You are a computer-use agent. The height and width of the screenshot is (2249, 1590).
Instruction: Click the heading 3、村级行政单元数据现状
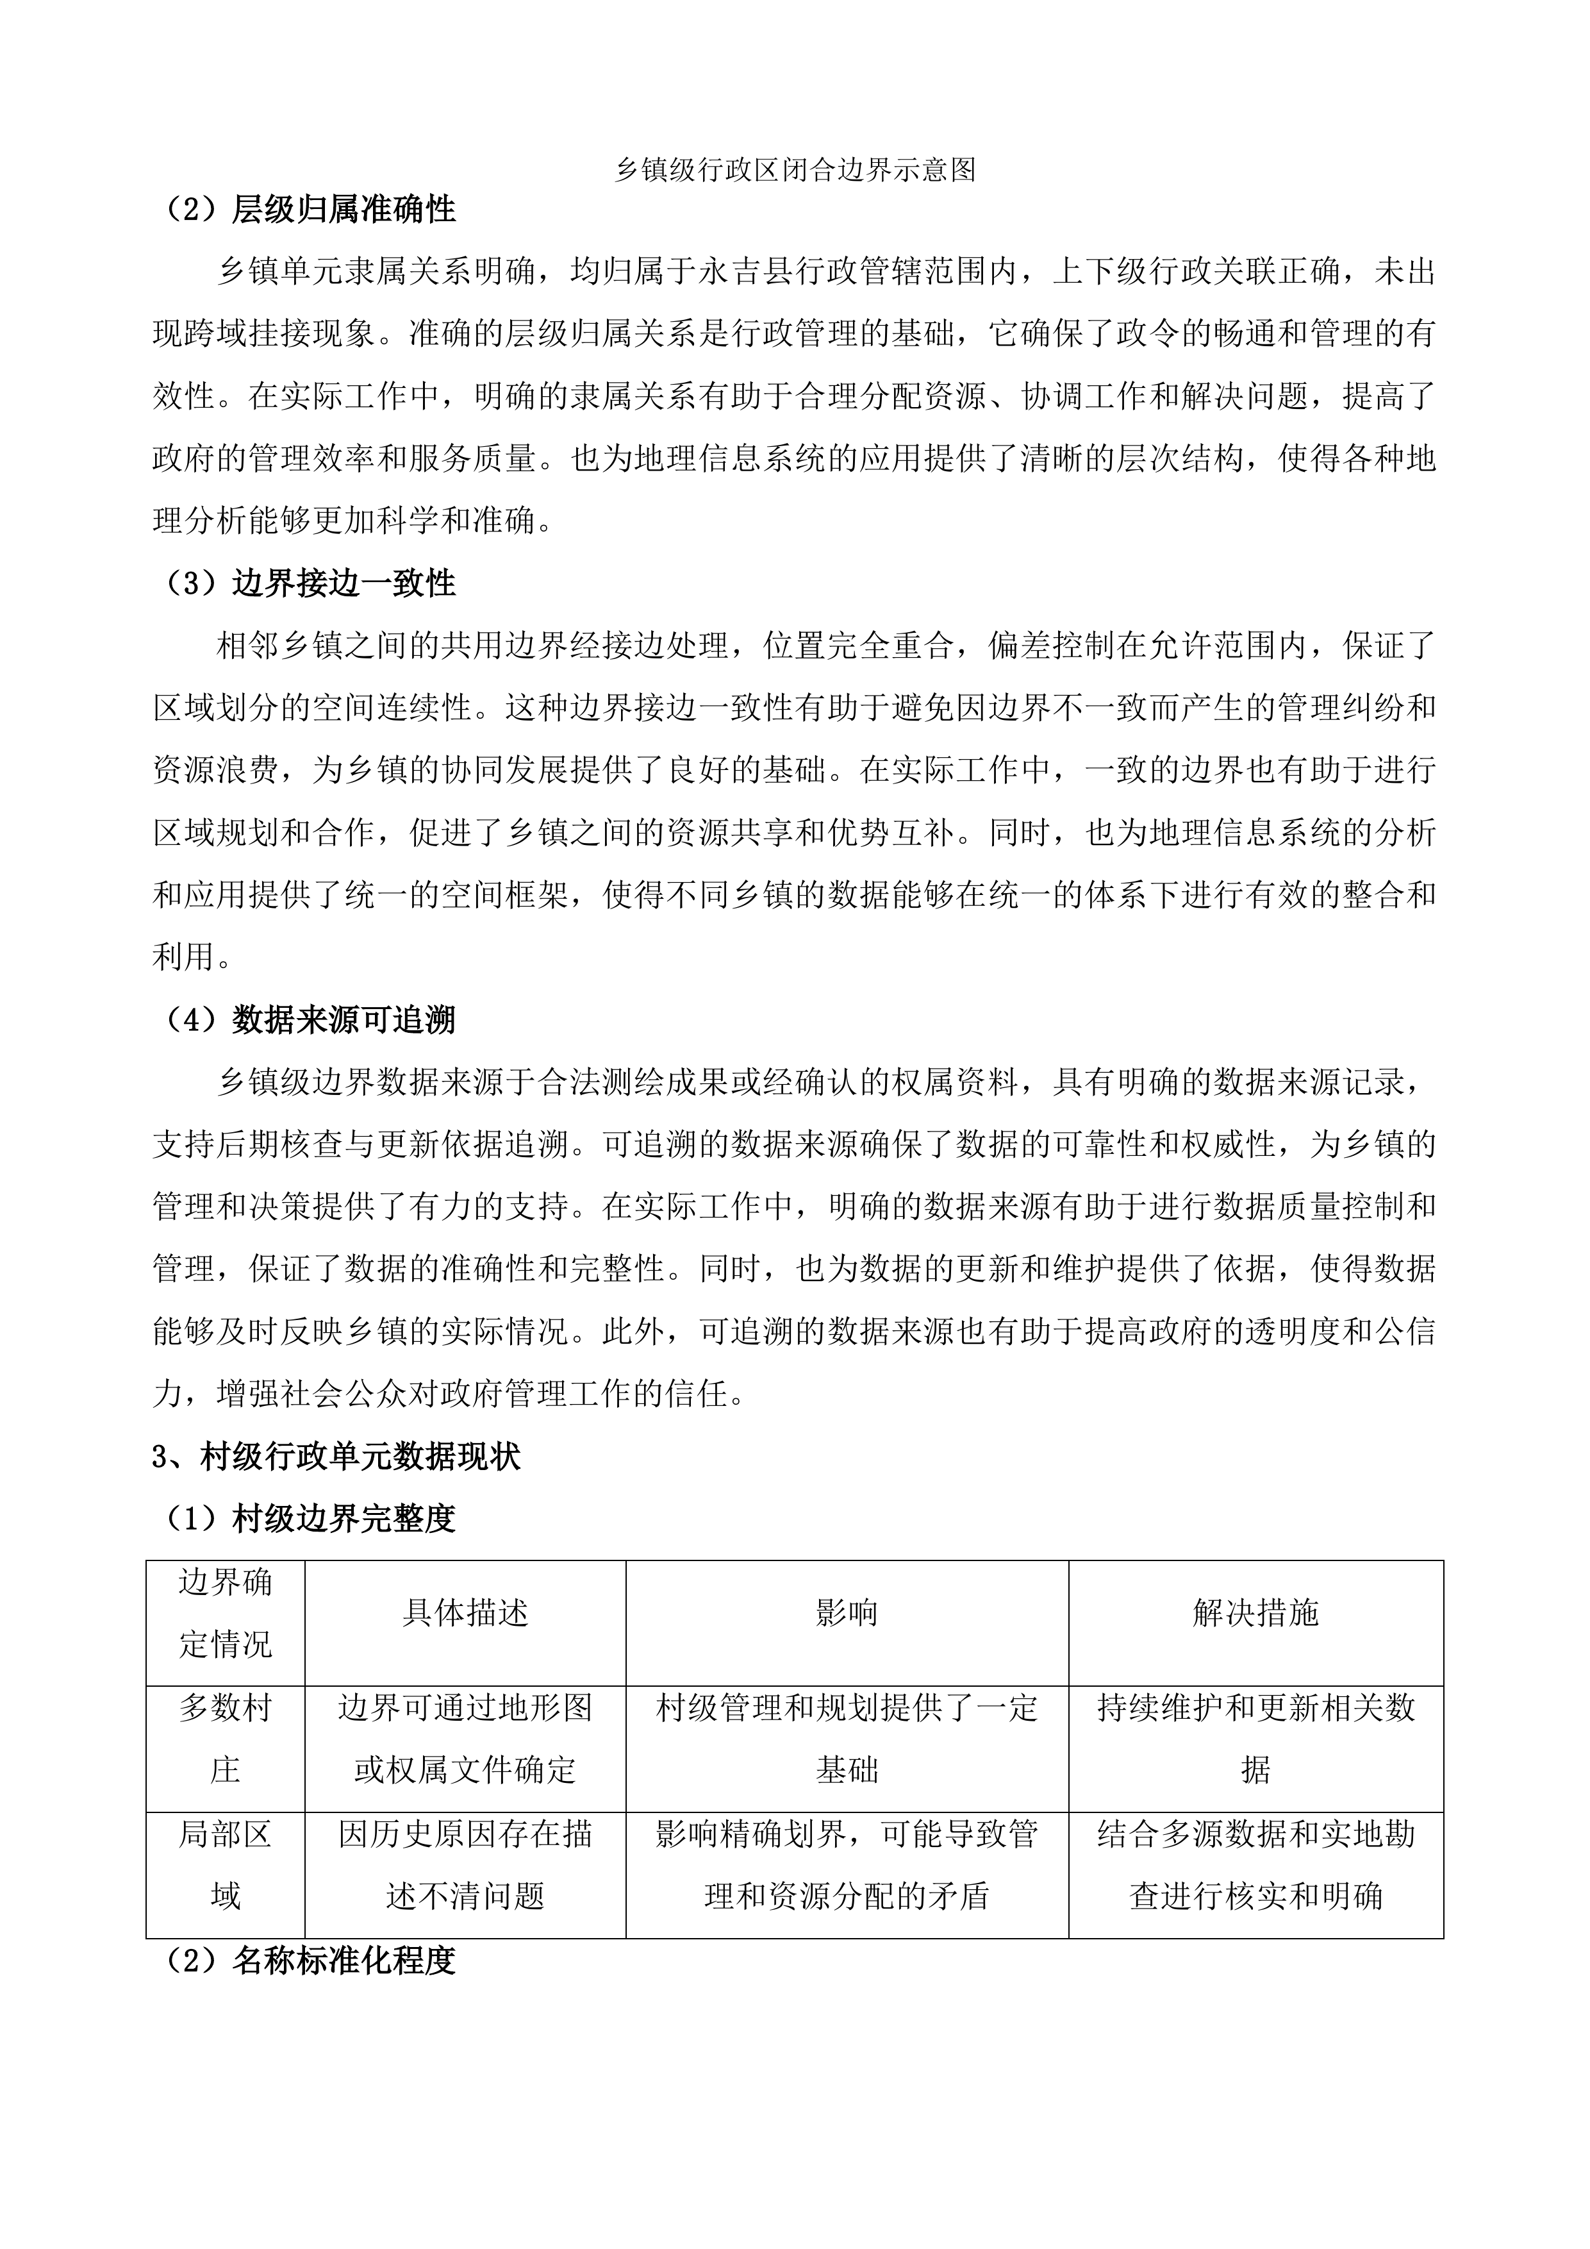(336, 1457)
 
